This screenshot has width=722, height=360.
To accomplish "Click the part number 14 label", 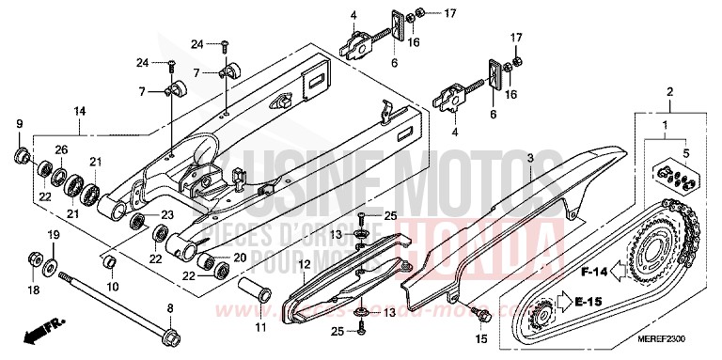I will (x=80, y=111).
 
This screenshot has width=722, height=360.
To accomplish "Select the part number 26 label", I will (x=61, y=149).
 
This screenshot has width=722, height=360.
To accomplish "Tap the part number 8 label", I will (x=169, y=307).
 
